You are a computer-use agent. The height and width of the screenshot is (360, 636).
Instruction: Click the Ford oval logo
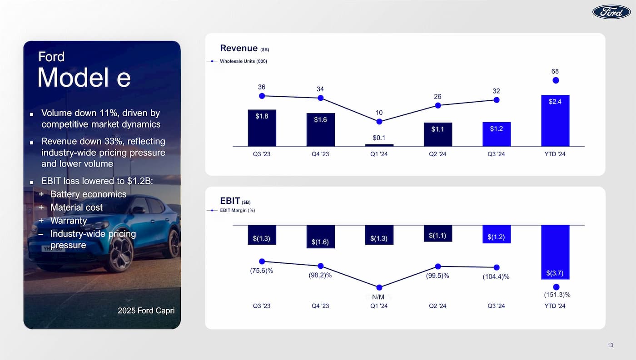(611, 12)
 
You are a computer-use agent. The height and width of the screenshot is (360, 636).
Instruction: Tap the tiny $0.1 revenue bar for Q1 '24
(379, 145)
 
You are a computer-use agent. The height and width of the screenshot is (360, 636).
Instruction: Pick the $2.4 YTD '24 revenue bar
(555, 120)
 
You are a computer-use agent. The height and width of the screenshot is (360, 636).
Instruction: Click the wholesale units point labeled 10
(379, 121)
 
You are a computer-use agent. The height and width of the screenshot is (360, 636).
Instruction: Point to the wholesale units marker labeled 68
(555, 80)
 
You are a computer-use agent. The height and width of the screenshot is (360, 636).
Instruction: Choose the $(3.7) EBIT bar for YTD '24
(555, 252)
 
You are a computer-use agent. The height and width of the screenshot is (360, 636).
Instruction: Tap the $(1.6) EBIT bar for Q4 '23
(320, 237)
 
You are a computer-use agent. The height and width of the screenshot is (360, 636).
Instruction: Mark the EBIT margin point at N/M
(379, 287)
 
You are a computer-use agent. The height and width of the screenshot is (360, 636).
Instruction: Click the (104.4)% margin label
(496, 277)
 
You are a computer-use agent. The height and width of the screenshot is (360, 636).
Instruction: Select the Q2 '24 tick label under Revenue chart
(437, 154)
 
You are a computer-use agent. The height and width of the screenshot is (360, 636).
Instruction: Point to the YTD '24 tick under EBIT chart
(555, 306)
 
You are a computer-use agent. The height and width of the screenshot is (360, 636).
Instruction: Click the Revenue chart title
(239, 48)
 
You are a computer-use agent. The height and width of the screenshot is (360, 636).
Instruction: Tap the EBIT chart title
(230, 201)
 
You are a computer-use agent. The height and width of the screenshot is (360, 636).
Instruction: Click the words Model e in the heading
(84, 78)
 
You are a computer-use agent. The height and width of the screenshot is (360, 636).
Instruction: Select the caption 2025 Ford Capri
(146, 311)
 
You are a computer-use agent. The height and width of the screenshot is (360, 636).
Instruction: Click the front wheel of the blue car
(121, 253)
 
